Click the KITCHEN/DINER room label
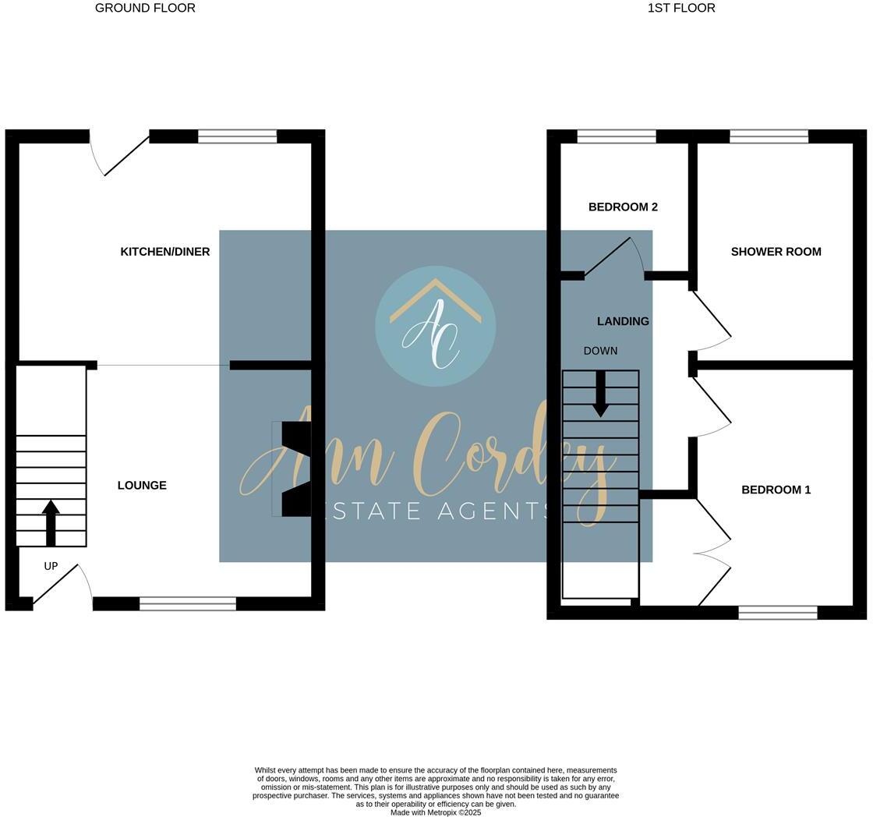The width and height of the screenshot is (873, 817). click(x=165, y=252)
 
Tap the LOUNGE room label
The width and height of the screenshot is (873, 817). click(x=142, y=486)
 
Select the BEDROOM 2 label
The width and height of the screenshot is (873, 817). click(x=623, y=207)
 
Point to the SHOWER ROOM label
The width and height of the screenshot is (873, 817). click(x=776, y=252)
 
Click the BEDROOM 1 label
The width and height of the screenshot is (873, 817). click(x=776, y=490)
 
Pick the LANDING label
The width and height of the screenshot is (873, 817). click(x=623, y=321)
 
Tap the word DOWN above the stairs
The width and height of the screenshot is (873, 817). click(x=600, y=352)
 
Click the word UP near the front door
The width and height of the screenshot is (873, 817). click(x=51, y=567)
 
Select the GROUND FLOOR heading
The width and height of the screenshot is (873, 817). click(x=145, y=8)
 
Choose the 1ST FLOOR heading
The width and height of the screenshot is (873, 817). click(x=680, y=8)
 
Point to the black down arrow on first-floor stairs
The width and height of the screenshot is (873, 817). click(x=600, y=394)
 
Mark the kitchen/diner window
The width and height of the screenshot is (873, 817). click(x=237, y=137)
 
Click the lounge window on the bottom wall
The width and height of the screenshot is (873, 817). click(x=188, y=603)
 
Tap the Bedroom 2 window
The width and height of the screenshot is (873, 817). click(x=617, y=137)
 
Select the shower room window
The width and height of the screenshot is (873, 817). click(x=769, y=137)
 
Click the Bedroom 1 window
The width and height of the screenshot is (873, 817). click(x=777, y=613)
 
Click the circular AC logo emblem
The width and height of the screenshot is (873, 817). click(x=435, y=326)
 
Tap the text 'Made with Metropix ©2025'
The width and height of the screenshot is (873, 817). click(x=436, y=812)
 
